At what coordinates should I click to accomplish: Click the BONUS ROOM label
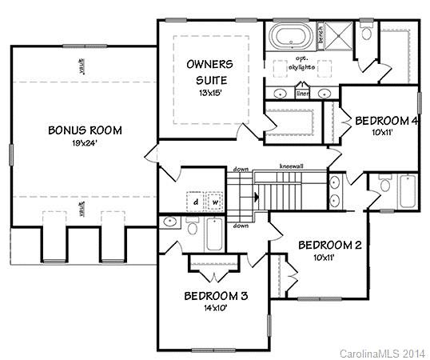(x=84, y=130)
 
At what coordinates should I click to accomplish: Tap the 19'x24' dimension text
(x=84, y=143)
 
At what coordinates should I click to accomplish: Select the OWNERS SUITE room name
(x=209, y=71)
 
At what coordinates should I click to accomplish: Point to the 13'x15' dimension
(x=209, y=92)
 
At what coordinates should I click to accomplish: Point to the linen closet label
(x=303, y=94)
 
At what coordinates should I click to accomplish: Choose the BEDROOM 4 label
(x=386, y=121)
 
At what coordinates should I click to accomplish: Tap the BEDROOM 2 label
(x=330, y=245)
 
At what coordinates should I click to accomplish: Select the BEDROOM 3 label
(x=216, y=296)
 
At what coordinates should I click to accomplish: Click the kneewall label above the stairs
(x=289, y=166)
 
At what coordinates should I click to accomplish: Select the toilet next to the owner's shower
(x=366, y=33)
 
